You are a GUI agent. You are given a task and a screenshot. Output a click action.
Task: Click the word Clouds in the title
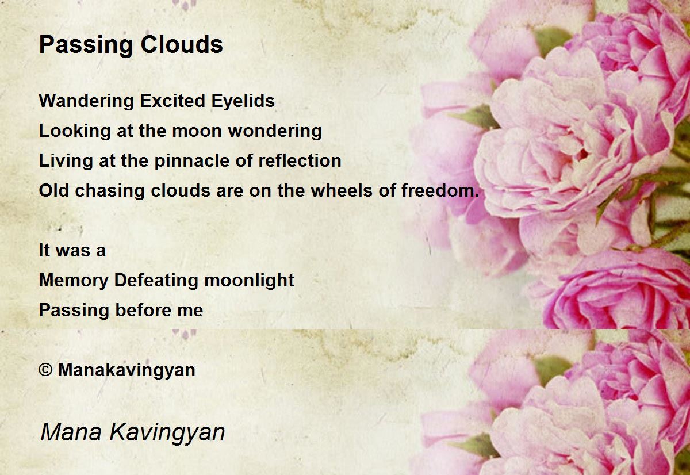coord(182,44)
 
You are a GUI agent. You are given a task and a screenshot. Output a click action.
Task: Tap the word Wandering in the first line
coord(87,102)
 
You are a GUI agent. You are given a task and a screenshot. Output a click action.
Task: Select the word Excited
coord(172,101)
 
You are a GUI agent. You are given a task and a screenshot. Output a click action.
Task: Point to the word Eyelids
coord(243,102)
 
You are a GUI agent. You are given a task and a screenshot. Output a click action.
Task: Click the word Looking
coord(75,132)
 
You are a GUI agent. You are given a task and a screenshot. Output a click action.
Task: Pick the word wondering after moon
coord(275,132)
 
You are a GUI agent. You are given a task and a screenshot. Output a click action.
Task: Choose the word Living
coord(66,162)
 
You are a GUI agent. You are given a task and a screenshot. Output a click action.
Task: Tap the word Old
coord(53,190)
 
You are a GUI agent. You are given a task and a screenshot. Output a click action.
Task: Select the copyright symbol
coord(45,370)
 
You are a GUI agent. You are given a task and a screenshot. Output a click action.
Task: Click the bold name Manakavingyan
coord(126,370)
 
